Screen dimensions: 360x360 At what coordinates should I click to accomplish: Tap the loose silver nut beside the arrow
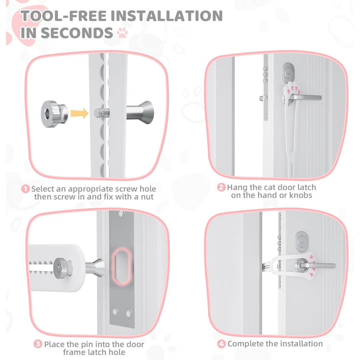[54, 113]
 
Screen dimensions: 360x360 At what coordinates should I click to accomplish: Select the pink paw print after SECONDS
[122, 33]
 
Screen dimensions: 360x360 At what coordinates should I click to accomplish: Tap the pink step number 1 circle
[26, 189]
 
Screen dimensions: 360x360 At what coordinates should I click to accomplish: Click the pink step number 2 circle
[221, 187]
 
